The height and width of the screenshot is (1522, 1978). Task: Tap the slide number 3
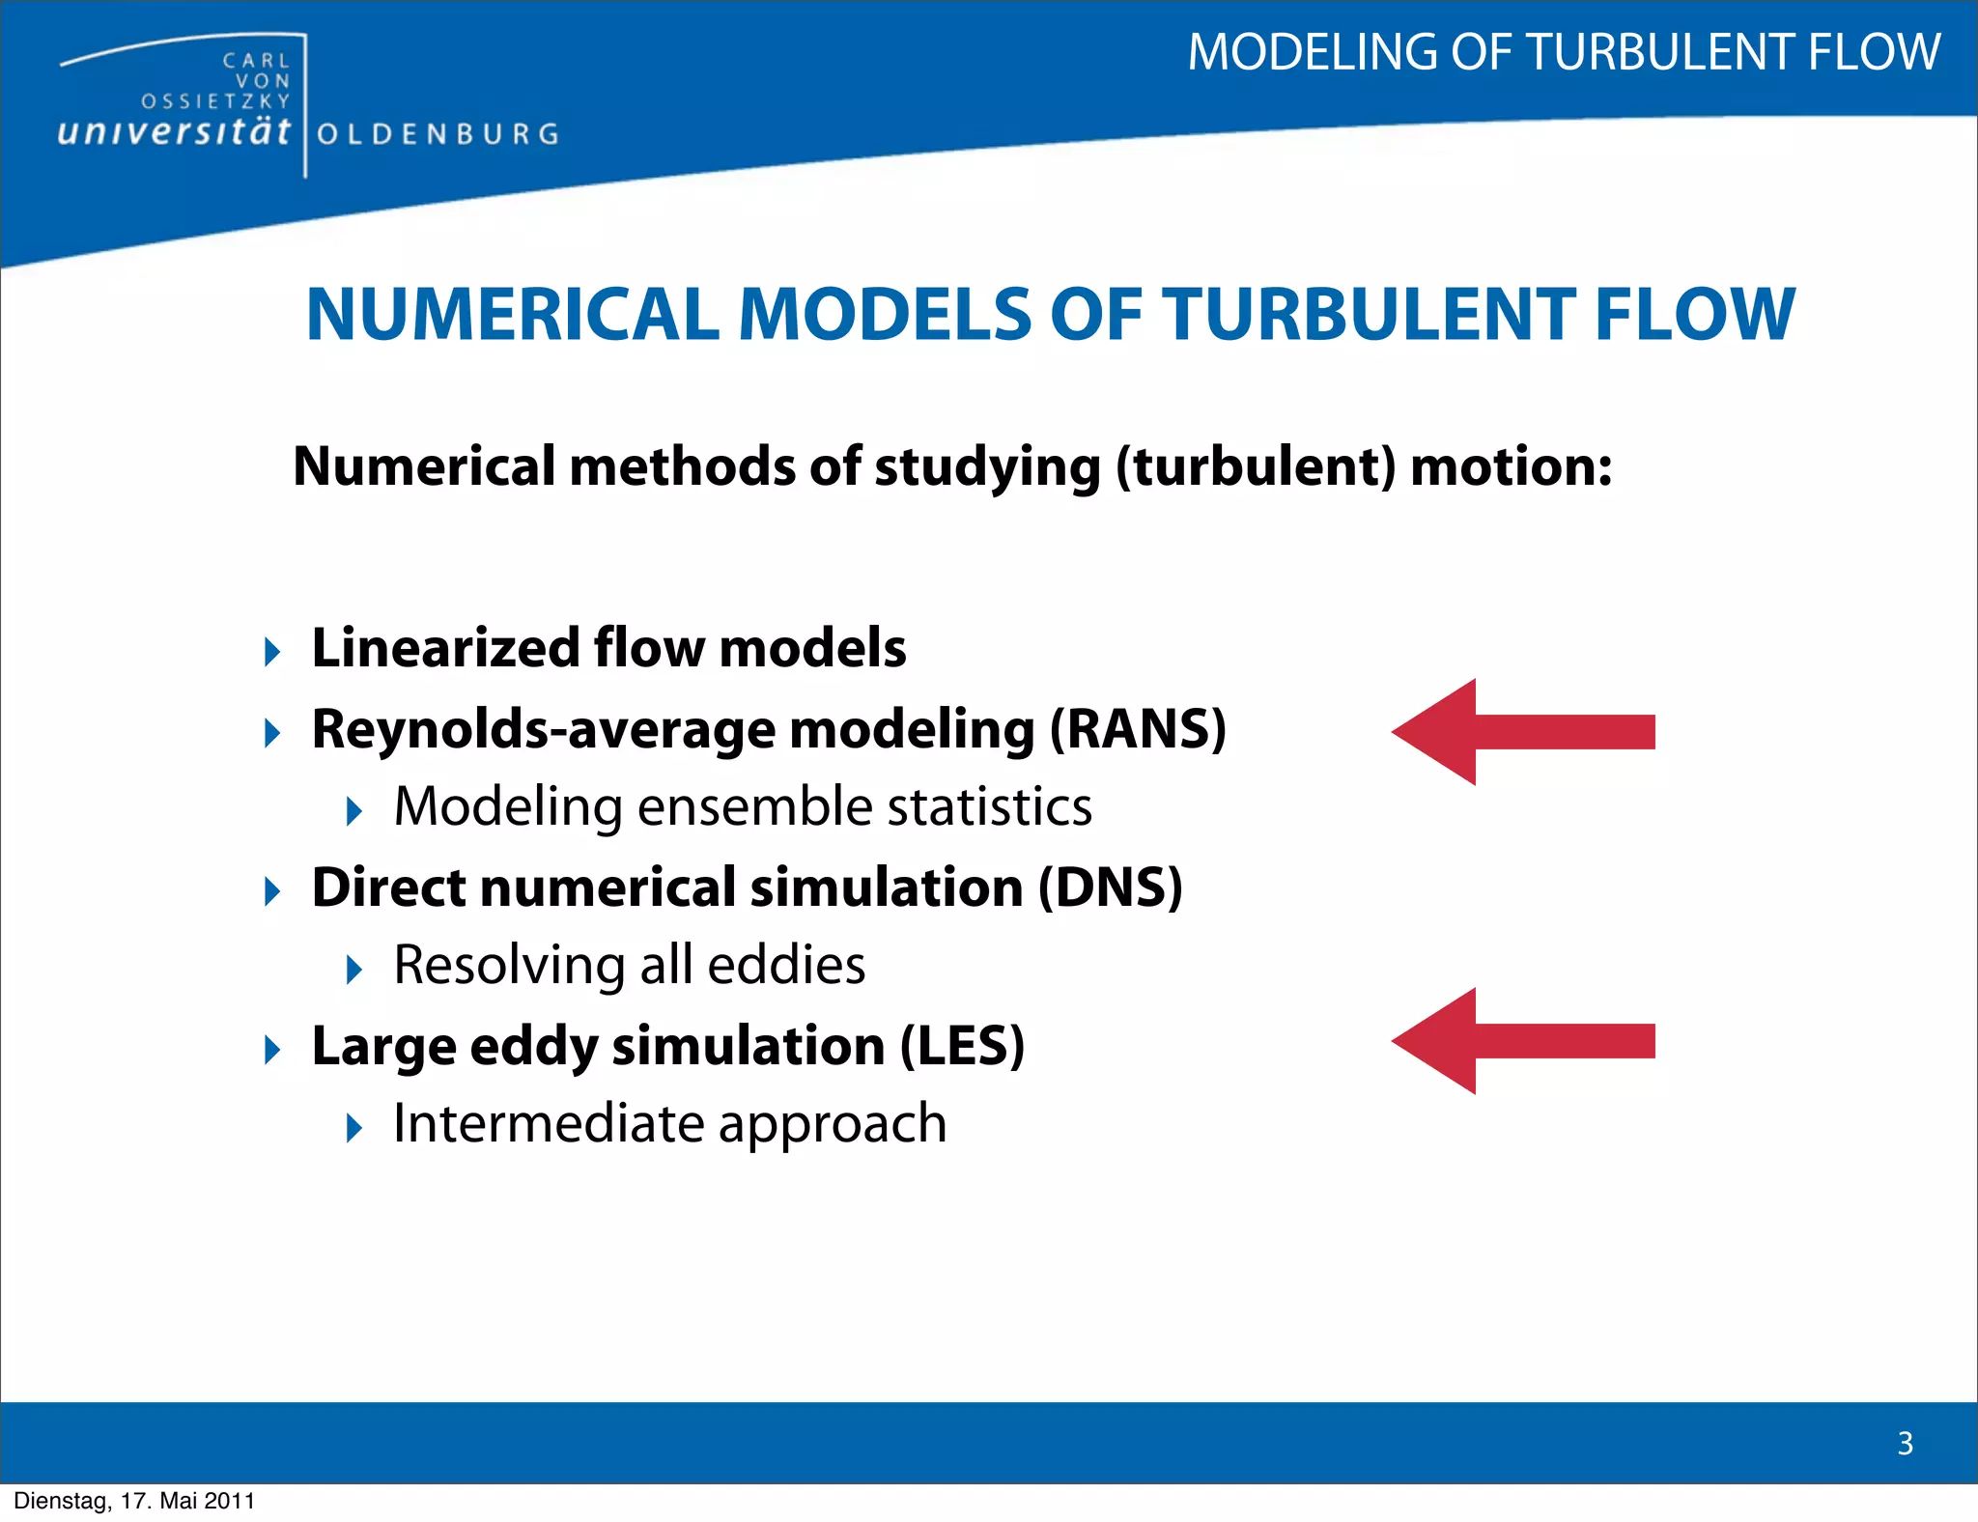[x=1905, y=1443]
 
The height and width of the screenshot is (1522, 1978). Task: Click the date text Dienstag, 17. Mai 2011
[x=134, y=1501]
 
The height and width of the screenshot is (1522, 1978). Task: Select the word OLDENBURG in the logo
[x=438, y=134]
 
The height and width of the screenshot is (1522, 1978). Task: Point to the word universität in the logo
[x=174, y=131]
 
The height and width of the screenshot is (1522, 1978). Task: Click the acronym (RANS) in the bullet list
[x=1138, y=729]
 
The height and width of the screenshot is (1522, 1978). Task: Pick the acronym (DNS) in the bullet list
[x=1110, y=888]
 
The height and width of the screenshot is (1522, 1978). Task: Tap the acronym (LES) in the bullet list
[x=962, y=1046]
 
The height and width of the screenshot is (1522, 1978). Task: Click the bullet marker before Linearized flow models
[x=272, y=651]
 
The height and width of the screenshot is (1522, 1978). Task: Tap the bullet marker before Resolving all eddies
[x=354, y=969]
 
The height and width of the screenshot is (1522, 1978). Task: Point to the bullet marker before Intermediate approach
[x=354, y=1127]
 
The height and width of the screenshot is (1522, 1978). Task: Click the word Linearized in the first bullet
[x=444, y=647]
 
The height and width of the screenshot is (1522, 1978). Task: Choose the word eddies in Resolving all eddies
[x=786, y=965]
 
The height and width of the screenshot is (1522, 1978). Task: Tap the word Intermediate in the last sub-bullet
[x=549, y=1123]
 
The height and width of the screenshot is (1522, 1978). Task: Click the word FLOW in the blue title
[x=1694, y=315]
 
